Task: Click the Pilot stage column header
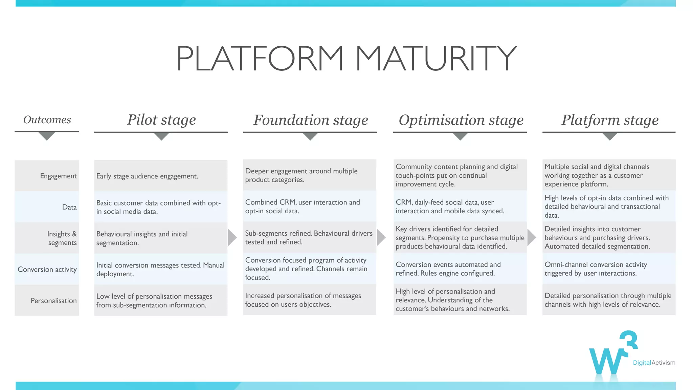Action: point(161,120)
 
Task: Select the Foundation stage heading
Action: point(311,120)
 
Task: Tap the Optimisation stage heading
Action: point(461,120)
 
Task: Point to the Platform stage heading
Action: point(610,120)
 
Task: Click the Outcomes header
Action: point(47,120)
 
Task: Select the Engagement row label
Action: point(58,176)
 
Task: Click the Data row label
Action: point(69,207)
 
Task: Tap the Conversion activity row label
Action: point(47,269)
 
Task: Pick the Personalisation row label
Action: point(53,301)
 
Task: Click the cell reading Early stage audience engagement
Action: point(147,176)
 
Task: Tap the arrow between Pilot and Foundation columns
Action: point(232,237)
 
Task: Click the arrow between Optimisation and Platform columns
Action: point(531,237)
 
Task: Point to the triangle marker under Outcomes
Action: point(47,136)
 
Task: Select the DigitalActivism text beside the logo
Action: point(654,363)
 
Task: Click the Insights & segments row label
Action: point(62,238)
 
